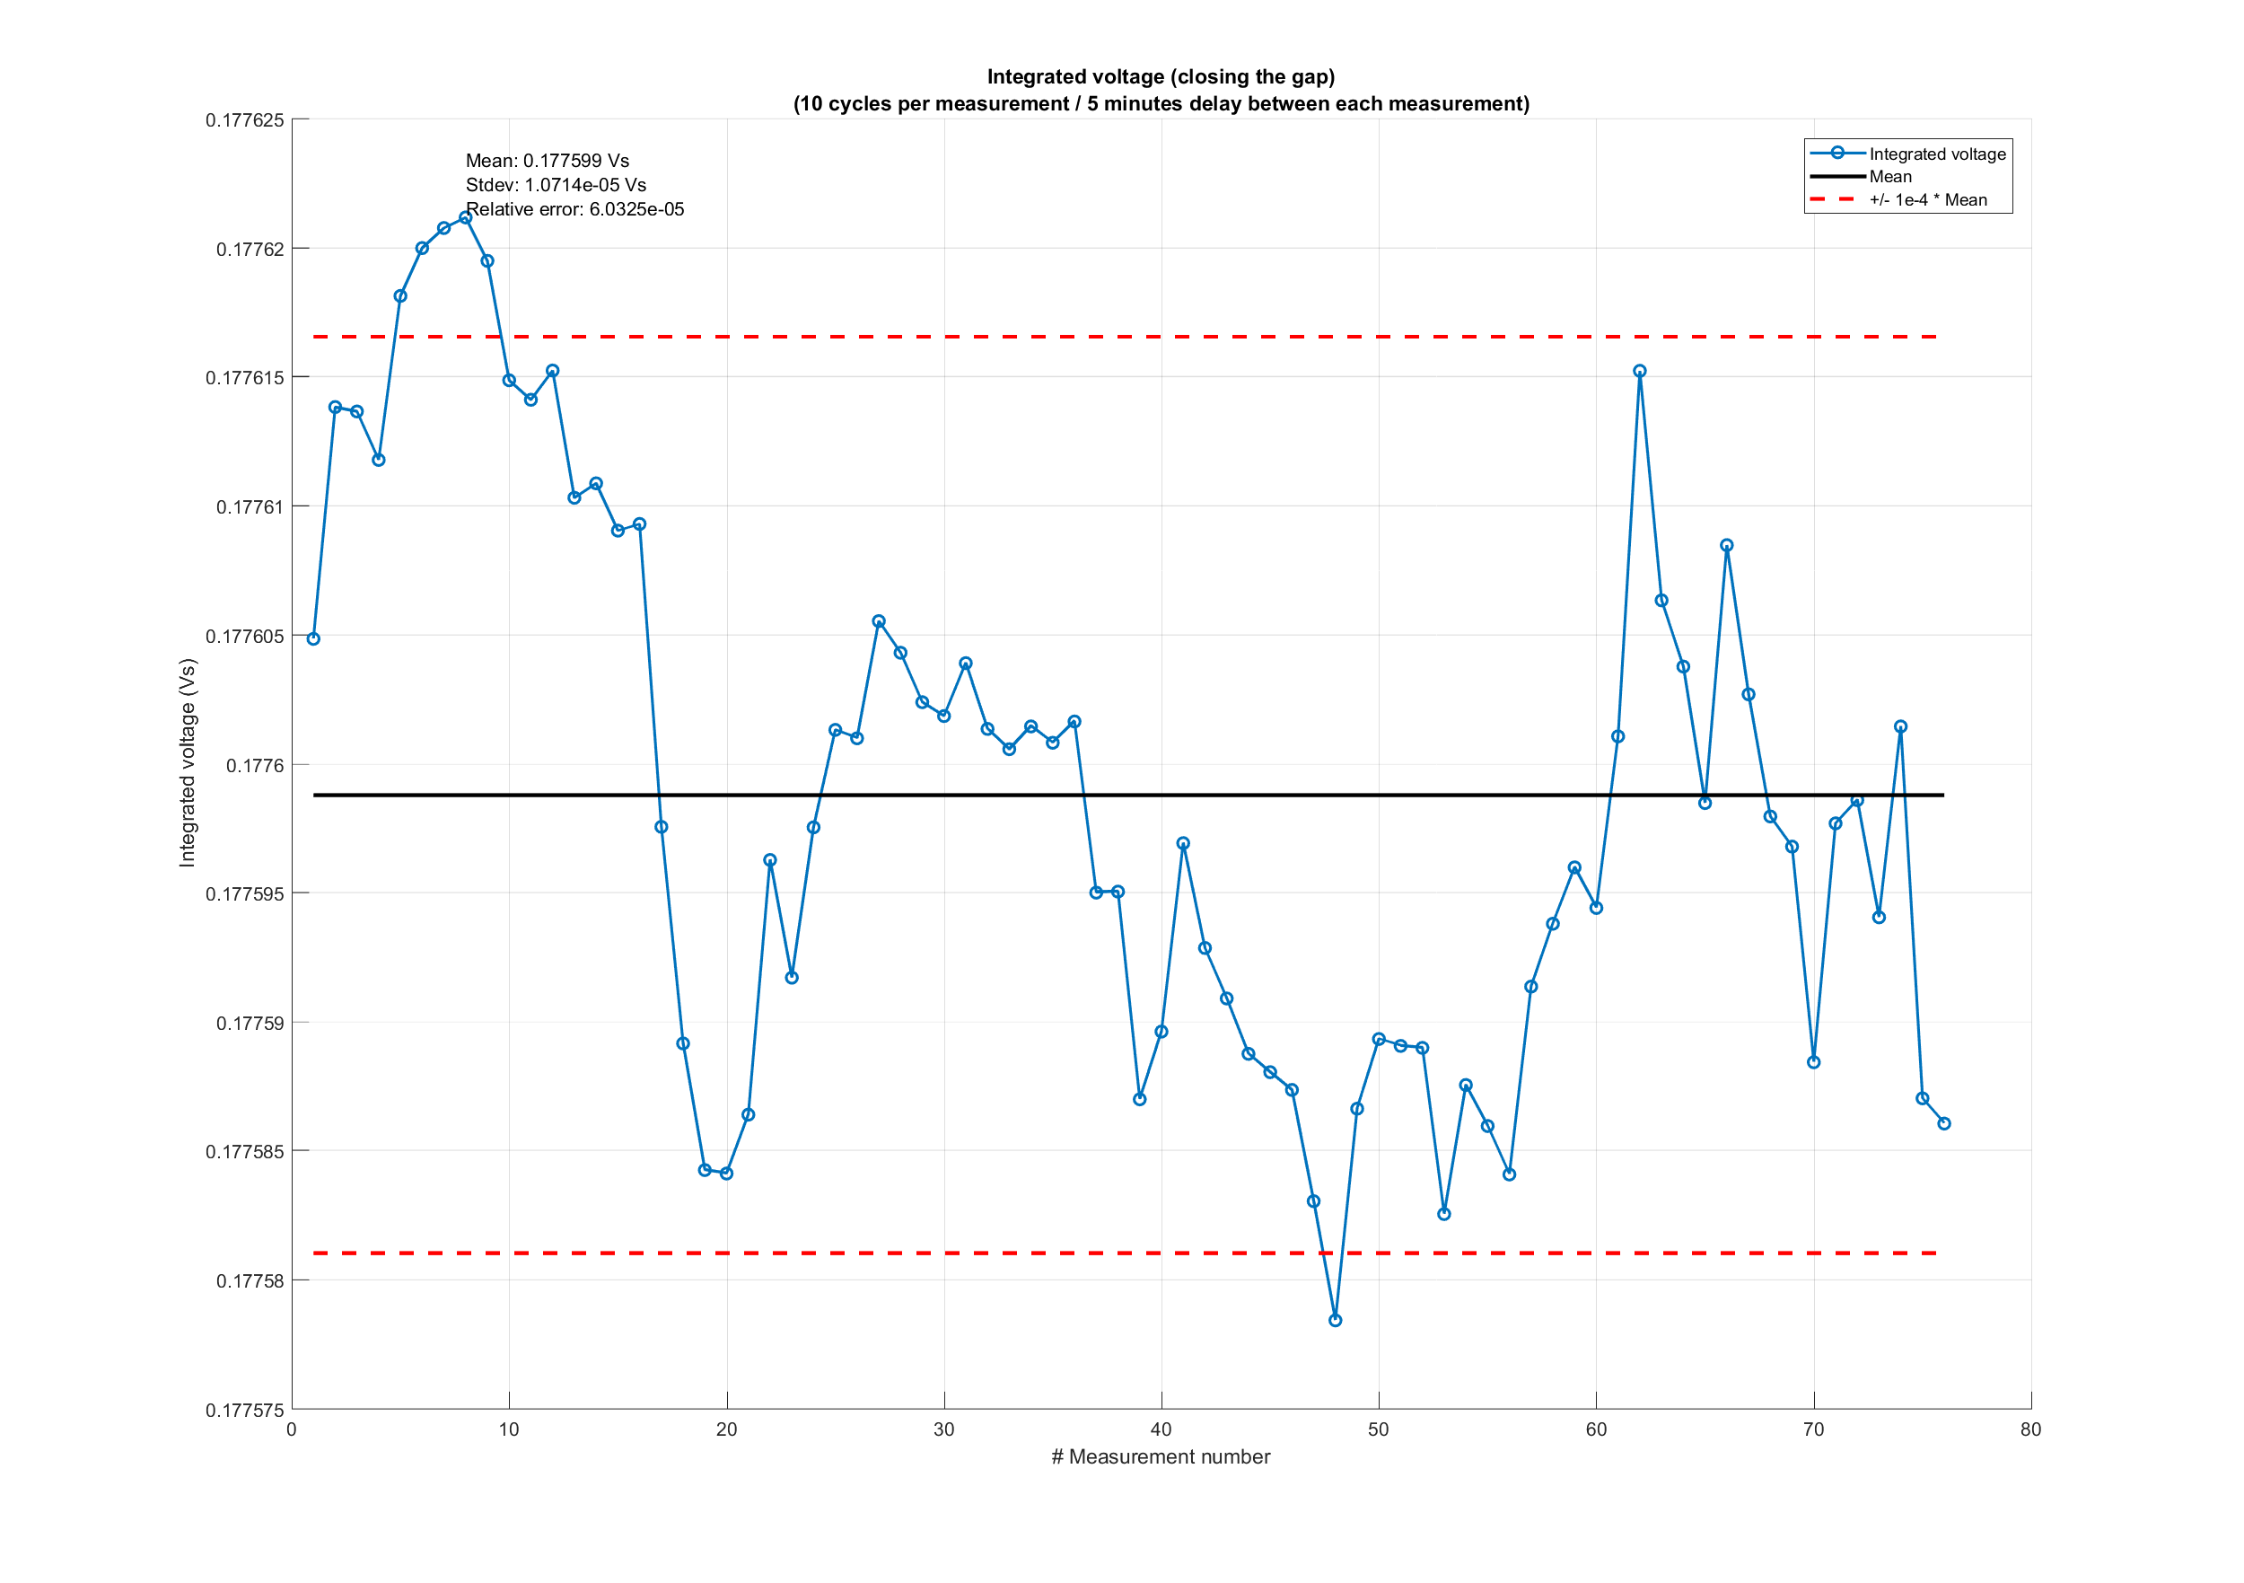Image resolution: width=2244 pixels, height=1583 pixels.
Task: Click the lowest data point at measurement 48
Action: [1335, 1320]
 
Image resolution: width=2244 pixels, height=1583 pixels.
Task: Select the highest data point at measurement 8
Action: [465, 217]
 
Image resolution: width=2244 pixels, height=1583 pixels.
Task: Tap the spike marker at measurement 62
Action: [1640, 371]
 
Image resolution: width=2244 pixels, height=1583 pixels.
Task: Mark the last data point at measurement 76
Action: [1944, 1123]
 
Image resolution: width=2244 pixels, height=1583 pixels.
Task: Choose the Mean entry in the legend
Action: [1890, 177]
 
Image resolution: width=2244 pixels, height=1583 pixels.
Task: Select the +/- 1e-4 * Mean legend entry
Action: [1927, 200]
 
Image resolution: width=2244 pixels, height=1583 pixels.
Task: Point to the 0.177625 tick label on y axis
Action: [244, 120]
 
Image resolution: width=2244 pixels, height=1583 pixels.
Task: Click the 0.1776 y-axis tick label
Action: [255, 766]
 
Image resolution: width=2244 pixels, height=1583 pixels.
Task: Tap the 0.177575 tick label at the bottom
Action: [244, 1410]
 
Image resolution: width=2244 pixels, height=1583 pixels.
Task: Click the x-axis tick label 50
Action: [1378, 1429]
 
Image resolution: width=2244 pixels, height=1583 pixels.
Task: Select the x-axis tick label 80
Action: [2031, 1429]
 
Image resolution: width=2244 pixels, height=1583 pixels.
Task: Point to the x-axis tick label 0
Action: [291, 1429]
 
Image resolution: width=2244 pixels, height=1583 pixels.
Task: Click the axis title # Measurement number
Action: [1160, 1457]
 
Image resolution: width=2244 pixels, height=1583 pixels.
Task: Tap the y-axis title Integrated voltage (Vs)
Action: [187, 762]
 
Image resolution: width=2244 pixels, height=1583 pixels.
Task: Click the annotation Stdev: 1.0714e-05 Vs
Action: [555, 185]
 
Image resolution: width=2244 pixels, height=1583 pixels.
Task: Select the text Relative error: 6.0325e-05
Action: [574, 209]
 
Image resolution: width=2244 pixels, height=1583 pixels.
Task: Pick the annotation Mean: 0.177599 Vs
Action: [548, 161]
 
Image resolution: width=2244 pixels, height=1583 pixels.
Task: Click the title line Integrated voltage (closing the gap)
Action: [1160, 76]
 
